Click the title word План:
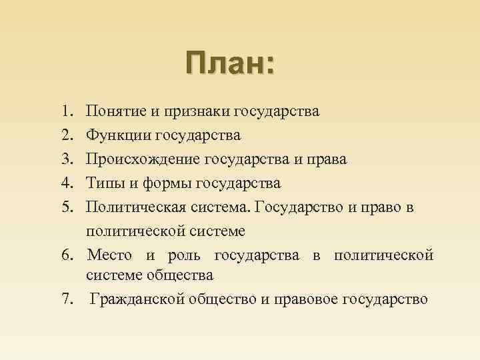(x=230, y=64)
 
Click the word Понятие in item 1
(x=115, y=110)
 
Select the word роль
(x=181, y=255)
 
